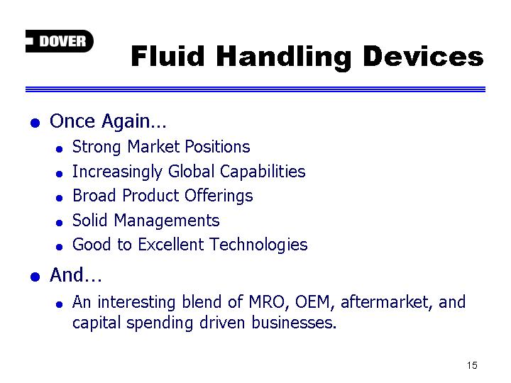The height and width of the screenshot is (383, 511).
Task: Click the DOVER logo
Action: [60, 41]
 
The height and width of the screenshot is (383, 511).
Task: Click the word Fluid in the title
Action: [167, 56]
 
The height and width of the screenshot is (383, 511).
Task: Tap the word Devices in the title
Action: [423, 56]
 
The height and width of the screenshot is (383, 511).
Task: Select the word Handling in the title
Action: [283, 57]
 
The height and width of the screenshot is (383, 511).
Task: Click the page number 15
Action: [472, 365]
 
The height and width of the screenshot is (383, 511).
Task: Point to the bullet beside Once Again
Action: [35, 123]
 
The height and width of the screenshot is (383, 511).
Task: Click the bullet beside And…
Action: [35, 277]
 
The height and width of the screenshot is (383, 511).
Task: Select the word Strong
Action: [97, 148]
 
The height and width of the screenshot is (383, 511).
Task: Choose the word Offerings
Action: [219, 196]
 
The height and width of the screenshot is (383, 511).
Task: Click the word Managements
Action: [167, 221]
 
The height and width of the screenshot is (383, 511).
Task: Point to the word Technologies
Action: [258, 245]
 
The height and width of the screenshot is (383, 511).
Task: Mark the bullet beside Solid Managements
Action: [59, 223]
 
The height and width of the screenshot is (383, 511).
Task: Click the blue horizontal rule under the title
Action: [255, 89]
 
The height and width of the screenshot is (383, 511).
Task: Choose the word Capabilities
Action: [263, 172]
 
